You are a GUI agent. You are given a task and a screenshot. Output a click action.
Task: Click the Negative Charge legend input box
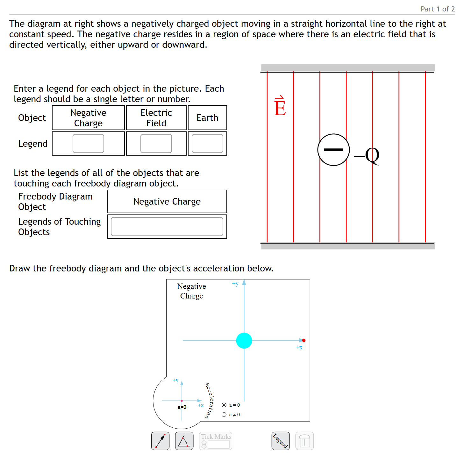tap(88, 144)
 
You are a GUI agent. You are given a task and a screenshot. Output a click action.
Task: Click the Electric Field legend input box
tap(156, 144)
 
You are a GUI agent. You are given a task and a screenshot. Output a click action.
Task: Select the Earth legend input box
tap(207, 144)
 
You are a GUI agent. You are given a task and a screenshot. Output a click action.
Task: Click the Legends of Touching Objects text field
tap(167, 227)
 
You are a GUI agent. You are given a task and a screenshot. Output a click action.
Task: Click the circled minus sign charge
tap(333, 150)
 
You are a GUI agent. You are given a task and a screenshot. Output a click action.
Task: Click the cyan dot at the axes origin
tap(244, 340)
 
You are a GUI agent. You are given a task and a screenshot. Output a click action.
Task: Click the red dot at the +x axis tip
tap(304, 340)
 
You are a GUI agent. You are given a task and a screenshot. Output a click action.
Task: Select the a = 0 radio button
tap(224, 405)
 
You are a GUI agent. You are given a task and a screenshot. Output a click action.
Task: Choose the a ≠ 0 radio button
tap(224, 415)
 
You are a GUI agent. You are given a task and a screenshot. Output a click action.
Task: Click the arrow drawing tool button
tap(160, 441)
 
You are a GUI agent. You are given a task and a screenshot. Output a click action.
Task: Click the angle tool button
tap(184, 441)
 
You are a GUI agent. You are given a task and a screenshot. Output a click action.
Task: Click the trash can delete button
tap(304, 441)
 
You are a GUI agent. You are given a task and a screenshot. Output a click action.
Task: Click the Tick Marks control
tap(216, 441)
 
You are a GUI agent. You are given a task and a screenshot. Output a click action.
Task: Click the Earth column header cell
tap(207, 118)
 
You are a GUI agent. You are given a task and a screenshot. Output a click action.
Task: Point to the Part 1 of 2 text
tap(438, 9)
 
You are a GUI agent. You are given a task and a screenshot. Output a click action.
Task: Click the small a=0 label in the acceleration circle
tap(182, 407)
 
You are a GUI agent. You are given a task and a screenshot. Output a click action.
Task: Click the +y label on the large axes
tap(235, 284)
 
